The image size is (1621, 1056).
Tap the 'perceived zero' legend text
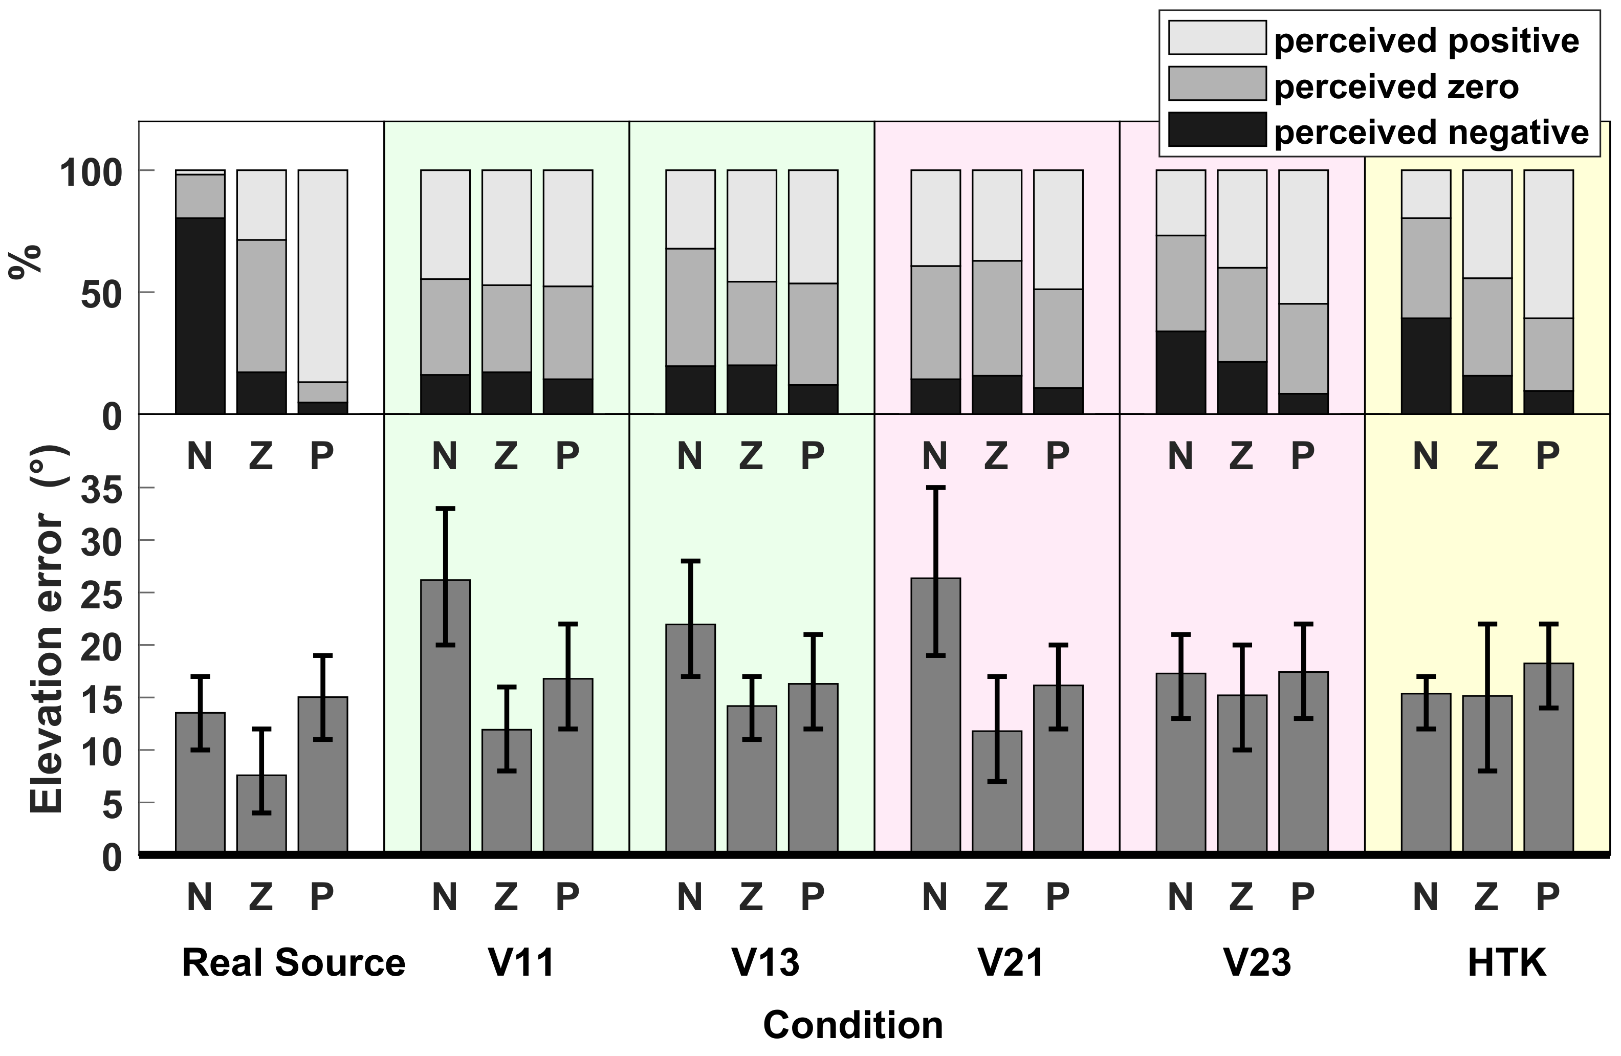1396,87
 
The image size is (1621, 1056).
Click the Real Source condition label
294,963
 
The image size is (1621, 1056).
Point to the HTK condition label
1506,963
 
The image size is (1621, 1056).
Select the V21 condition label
1011,963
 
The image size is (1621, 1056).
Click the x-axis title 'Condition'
853,1025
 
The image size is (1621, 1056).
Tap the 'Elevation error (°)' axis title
47,630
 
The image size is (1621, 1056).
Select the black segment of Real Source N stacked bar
200,316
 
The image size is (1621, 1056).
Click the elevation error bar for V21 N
936,715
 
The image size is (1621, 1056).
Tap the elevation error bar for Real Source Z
261,813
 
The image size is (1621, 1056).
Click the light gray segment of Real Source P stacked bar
323,276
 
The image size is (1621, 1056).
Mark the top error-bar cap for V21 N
936,488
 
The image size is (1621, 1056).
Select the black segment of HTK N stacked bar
1426,366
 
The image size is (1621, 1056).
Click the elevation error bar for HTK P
1549,757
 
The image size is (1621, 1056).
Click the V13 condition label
765,963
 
